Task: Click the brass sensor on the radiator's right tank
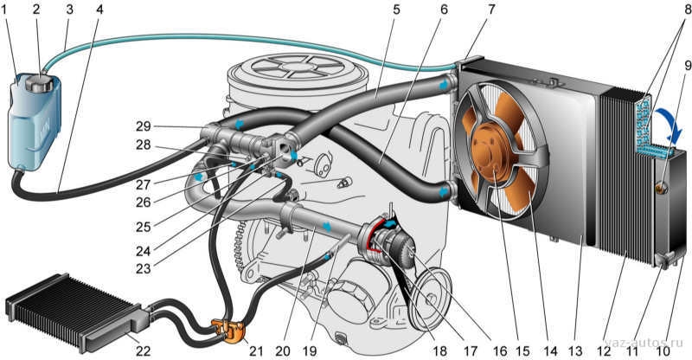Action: (662, 188)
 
